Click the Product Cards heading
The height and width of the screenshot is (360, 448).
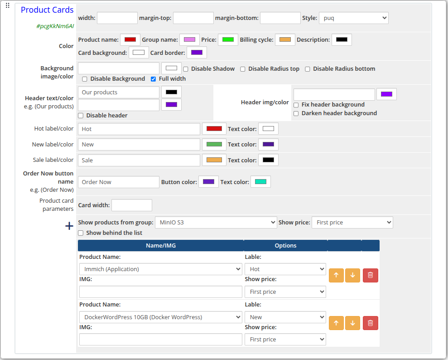click(x=47, y=10)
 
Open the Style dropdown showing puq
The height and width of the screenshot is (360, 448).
click(x=353, y=18)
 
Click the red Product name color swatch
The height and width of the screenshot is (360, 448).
click(x=130, y=40)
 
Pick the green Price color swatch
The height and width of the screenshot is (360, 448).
click(x=228, y=40)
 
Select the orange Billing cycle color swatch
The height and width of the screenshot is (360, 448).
click(x=285, y=40)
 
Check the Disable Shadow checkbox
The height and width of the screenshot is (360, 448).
click(x=186, y=69)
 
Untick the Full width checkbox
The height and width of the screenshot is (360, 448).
click(x=154, y=79)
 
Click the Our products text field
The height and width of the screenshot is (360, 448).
click(x=119, y=92)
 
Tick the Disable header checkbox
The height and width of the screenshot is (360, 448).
click(x=81, y=116)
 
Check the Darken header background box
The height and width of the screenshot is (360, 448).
click(x=296, y=113)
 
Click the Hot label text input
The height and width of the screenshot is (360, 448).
click(x=139, y=129)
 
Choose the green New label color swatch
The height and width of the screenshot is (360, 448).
click(x=214, y=145)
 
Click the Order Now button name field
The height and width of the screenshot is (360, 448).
click(x=119, y=182)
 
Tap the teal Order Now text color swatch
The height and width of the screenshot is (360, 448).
click(x=260, y=182)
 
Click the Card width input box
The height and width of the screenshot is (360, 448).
click(x=131, y=205)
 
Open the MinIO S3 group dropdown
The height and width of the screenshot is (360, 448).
click(x=216, y=223)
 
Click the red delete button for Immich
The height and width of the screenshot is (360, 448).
click(x=370, y=275)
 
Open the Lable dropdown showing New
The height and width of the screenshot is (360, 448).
click(x=285, y=317)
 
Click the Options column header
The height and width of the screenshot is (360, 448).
click(x=285, y=246)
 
